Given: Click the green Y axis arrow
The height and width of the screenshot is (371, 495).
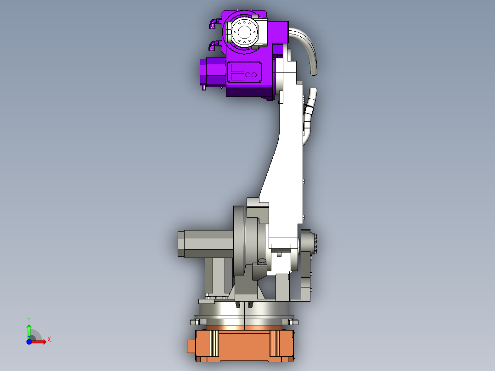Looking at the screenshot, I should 29,330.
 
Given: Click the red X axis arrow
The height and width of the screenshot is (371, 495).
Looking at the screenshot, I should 39,341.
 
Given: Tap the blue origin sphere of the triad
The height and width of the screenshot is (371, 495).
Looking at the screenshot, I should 29,341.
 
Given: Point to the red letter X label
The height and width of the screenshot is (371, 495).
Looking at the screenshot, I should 49,340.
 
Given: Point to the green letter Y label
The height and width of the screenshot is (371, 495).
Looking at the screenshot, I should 29,319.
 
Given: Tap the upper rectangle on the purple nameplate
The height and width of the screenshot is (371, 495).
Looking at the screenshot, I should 237,67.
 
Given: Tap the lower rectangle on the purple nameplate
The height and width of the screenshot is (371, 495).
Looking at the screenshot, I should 237,76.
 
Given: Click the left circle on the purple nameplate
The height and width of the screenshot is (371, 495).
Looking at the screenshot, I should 248,74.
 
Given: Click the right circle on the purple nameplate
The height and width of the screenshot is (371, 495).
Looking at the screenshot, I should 254,74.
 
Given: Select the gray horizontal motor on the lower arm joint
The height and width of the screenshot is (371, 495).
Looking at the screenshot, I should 204,244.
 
